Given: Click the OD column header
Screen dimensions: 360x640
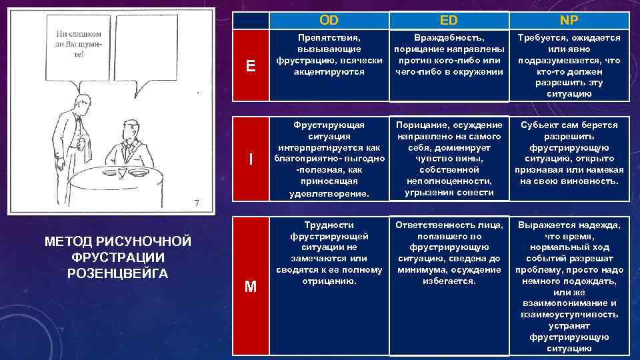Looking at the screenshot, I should (329, 19).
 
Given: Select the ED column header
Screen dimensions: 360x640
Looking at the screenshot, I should (449, 19).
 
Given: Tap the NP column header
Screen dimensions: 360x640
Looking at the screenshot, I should (569, 19).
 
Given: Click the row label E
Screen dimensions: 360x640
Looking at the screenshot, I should (250, 65).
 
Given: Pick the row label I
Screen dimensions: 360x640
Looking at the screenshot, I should (250, 159).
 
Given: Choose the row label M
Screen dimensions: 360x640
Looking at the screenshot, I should (250, 287).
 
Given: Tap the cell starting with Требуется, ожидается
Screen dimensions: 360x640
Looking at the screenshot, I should (569, 65).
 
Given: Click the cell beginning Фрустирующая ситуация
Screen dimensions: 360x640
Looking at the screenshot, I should (329, 159).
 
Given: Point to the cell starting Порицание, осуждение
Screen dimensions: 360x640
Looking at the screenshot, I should (449, 159).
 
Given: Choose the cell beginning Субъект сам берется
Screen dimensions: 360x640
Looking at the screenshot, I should (569, 153).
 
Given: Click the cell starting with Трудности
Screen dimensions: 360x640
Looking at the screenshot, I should (329, 253).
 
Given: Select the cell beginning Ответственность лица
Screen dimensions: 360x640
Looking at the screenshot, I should (449, 253).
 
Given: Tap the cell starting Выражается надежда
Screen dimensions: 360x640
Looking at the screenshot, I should (569, 286).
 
